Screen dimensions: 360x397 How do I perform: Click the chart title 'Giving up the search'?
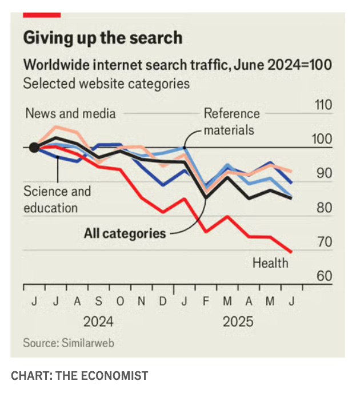[x=103, y=38]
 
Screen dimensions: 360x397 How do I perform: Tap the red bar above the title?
[x=42, y=15]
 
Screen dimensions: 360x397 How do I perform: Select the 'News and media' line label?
[x=70, y=113]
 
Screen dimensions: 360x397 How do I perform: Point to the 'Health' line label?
[x=270, y=263]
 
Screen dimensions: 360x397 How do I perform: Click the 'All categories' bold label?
[x=125, y=233]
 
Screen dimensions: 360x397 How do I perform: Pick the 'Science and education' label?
[x=57, y=200]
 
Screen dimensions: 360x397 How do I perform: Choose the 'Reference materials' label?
[x=232, y=122]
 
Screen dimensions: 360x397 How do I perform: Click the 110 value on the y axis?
[x=323, y=105]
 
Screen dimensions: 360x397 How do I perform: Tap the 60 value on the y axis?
[x=325, y=276]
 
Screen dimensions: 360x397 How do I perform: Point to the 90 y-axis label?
[x=325, y=173]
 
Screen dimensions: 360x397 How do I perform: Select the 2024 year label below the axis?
[x=98, y=322]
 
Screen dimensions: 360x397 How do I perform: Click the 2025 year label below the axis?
[x=238, y=322]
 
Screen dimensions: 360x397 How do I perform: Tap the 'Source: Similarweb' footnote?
[x=69, y=343]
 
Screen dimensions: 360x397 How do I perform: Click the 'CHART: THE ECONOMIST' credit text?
[x=79, y=376]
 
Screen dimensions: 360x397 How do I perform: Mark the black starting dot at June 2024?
[x=34, y=148]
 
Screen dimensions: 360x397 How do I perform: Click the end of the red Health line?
[x=291, y=252]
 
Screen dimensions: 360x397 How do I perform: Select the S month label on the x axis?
[x=99, y=301]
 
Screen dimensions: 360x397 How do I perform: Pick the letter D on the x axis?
[x=163, y=301]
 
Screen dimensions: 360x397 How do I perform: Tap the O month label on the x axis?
[x=120, y=301]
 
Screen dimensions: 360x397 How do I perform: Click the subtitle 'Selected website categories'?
[x=106, y=84]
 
